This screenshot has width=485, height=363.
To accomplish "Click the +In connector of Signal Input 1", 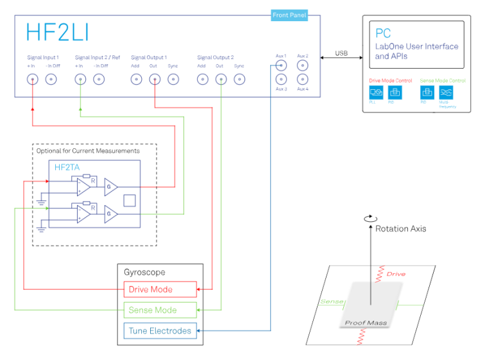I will click(x=31, y=80).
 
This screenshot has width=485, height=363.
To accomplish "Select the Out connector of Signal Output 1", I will click(x=155, y=80).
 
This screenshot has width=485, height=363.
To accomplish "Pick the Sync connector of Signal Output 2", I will click(x=239, y=80).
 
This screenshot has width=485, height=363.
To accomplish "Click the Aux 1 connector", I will click(x=281, y=64).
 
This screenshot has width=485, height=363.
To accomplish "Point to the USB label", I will click(x=341, y=53).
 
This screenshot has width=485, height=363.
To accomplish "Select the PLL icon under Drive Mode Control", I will click(x=377, y=92).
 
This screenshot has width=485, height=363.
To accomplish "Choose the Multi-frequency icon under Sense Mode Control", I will click(x=447, y=92).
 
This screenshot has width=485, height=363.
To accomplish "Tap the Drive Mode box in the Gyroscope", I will click(x=160, y=290).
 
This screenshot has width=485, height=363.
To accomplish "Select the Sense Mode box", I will click(x=160, y=310).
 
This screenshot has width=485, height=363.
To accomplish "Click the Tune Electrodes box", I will click(x=160, y=331).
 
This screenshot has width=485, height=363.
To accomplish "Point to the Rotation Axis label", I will click(x=400, y=228).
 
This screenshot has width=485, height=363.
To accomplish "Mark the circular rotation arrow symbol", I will click(x=369, y=219).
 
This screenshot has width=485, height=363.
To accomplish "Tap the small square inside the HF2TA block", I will click(x=130, y=200).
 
